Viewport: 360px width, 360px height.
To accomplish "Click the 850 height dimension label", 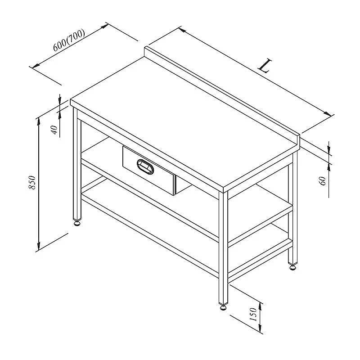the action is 32,183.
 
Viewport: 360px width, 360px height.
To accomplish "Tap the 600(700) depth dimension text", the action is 69,40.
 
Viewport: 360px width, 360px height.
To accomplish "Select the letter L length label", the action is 265,65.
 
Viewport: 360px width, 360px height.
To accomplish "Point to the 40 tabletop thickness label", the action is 54,130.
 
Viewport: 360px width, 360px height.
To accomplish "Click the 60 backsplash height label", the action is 322,181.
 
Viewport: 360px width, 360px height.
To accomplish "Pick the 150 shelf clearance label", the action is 253,315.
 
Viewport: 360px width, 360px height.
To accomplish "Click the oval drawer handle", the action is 145,166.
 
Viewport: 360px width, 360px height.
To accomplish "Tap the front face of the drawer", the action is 149,170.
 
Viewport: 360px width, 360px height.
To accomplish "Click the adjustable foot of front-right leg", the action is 223,307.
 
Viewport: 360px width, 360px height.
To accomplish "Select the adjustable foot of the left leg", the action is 77,223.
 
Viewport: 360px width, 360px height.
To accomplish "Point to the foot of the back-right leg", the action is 292,267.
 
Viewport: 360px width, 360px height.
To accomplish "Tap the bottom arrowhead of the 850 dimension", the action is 39,247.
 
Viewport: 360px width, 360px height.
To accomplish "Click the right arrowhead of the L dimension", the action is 328,113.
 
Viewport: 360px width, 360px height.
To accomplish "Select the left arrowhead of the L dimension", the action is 182,30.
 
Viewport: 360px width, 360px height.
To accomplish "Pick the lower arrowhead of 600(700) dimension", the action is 36,66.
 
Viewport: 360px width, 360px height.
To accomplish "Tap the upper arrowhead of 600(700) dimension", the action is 104,26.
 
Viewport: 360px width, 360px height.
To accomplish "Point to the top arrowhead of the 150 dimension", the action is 260,306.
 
